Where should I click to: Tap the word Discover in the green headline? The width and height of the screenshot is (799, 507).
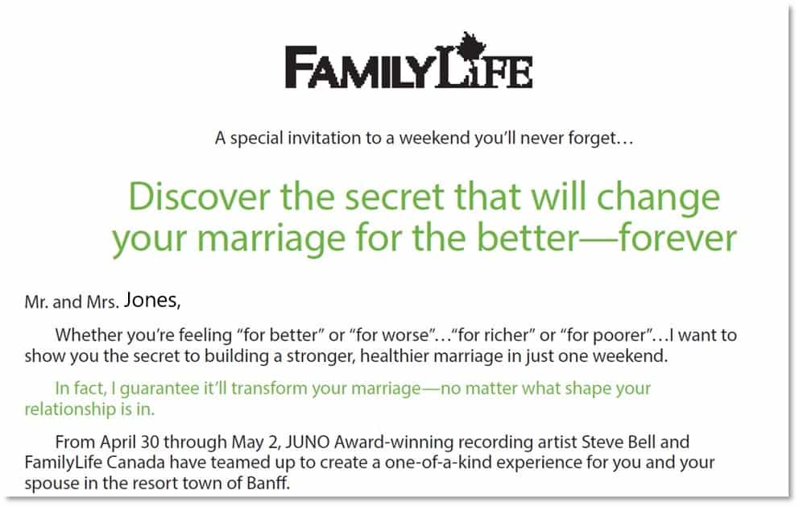(199, 197)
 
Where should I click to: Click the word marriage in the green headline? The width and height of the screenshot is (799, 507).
(271, 239)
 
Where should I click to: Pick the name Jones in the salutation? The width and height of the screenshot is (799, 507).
(152, 300)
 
